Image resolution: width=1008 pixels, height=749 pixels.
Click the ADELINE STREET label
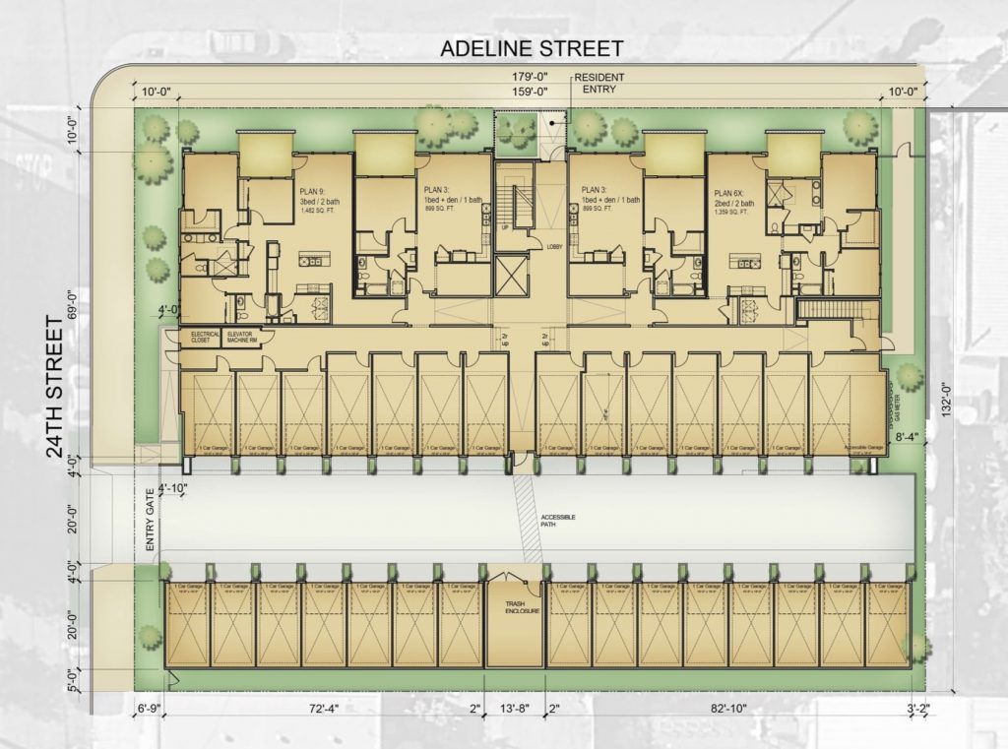[531, 48]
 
